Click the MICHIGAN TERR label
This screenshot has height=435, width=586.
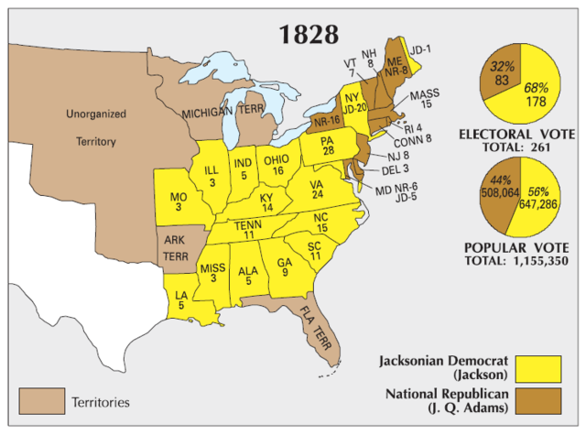222,112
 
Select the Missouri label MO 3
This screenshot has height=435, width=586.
179,201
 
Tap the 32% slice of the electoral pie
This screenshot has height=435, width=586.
501,74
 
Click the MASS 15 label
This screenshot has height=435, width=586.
425,101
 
